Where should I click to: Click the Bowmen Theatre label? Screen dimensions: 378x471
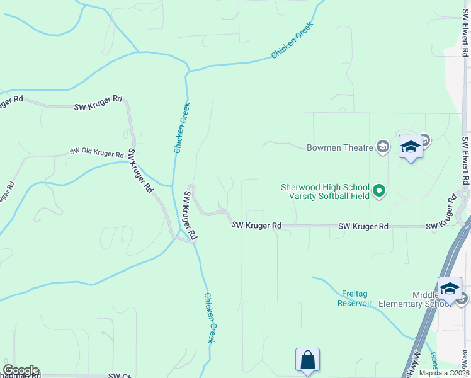[339, 148]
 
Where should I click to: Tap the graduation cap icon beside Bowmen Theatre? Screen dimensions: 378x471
[382, 147]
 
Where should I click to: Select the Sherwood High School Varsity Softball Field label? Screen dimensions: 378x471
[324, 192]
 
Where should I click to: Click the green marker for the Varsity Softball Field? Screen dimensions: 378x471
[379, 190]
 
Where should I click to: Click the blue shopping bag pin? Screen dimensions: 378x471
[307, 360]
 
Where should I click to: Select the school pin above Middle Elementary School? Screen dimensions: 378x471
[450, 289]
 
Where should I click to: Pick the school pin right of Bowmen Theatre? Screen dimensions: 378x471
[411, 147]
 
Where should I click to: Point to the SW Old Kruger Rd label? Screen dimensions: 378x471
[96, 152]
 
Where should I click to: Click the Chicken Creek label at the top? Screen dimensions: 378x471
[292, 41]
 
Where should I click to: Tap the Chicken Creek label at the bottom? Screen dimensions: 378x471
[210, 318]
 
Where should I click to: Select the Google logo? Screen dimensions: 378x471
[21, 370]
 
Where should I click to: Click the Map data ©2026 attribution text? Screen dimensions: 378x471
[444, 373]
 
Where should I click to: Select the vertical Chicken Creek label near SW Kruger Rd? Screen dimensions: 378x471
[182, 127]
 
